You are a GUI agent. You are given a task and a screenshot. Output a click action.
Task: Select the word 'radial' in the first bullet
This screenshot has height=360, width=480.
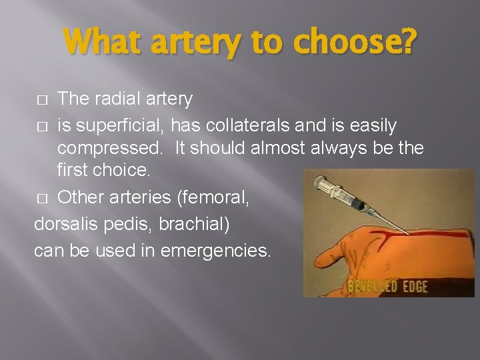coord(111,99)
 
